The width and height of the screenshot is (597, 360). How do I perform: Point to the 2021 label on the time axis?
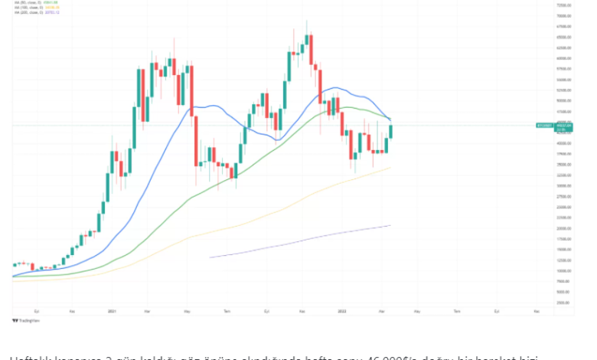click(x=112, y=312)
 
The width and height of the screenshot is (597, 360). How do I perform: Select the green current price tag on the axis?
click(x=563, y=126)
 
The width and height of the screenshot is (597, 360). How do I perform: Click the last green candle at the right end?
click(x=390, y=129)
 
